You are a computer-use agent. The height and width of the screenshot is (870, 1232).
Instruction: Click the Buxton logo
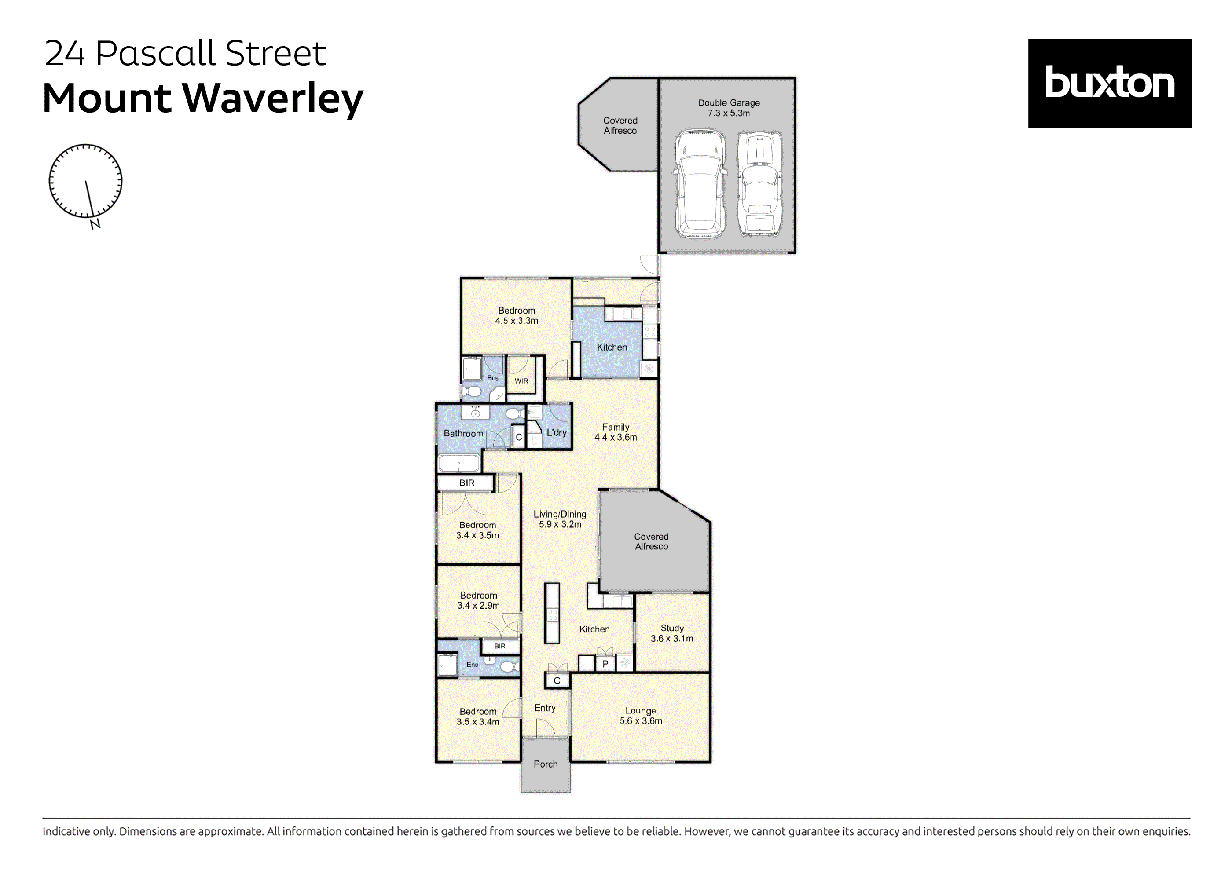1109,83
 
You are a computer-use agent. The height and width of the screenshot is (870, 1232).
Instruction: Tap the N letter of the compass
95,224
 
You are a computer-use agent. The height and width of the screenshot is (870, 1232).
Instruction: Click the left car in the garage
700,183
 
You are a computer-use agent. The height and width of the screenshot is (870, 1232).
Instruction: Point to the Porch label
545,764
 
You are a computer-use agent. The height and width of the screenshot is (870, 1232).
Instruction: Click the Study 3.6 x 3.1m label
672,633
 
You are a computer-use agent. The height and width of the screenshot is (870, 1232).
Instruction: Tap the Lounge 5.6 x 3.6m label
641,716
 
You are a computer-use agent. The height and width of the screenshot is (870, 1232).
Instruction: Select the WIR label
521,381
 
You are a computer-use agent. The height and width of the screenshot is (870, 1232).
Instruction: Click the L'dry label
557,432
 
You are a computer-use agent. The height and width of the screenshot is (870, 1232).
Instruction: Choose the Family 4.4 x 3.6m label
616,432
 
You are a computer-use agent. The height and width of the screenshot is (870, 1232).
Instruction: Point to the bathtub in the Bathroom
459,462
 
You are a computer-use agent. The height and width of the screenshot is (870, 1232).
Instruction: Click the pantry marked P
605,663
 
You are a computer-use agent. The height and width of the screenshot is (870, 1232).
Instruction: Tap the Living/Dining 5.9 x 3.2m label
560,519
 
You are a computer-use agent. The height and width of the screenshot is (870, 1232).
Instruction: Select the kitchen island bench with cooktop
552,613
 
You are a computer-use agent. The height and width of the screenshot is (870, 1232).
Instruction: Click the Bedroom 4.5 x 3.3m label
516,315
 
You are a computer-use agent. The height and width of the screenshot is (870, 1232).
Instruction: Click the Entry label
545,708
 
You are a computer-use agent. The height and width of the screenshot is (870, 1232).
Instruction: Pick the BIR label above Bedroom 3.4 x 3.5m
466,483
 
